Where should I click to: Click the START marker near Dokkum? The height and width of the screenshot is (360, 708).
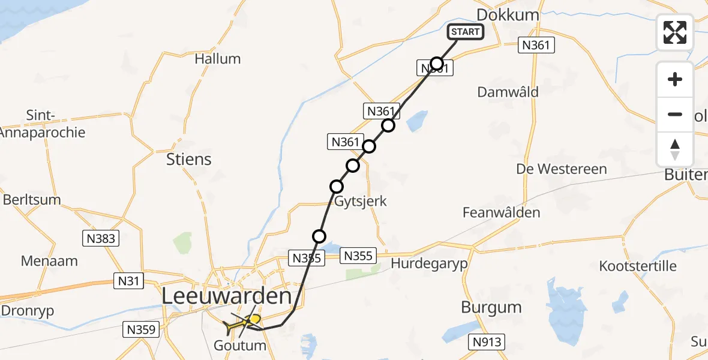coord(466,32)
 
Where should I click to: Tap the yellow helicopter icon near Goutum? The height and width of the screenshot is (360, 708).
coord(242,324)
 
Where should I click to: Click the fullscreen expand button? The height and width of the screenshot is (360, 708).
coord(675,32)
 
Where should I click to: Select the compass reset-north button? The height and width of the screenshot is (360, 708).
coord(675,149)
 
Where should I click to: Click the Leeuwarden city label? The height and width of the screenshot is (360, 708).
coord(227,296)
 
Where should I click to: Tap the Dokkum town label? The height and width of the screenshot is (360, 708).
coord(507,15)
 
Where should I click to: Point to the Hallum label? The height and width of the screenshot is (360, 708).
coord(218,59)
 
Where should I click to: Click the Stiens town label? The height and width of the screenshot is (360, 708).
coord(190,159)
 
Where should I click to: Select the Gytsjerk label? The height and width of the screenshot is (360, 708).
coord(360,202)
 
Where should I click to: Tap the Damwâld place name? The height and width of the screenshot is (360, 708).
coord(508,92)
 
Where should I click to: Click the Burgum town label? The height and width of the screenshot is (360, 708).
coord(491,308)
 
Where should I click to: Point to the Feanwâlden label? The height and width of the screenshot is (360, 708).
coord(502,212)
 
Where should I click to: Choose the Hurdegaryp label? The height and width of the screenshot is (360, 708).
coord(429,263)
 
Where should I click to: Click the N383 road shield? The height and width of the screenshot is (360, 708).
coord(100,238)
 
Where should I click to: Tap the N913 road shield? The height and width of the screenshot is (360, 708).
coord(487,343)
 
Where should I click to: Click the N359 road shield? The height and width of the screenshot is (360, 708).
coord(140,329)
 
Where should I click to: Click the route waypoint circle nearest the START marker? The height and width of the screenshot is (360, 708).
coord(437,64)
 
